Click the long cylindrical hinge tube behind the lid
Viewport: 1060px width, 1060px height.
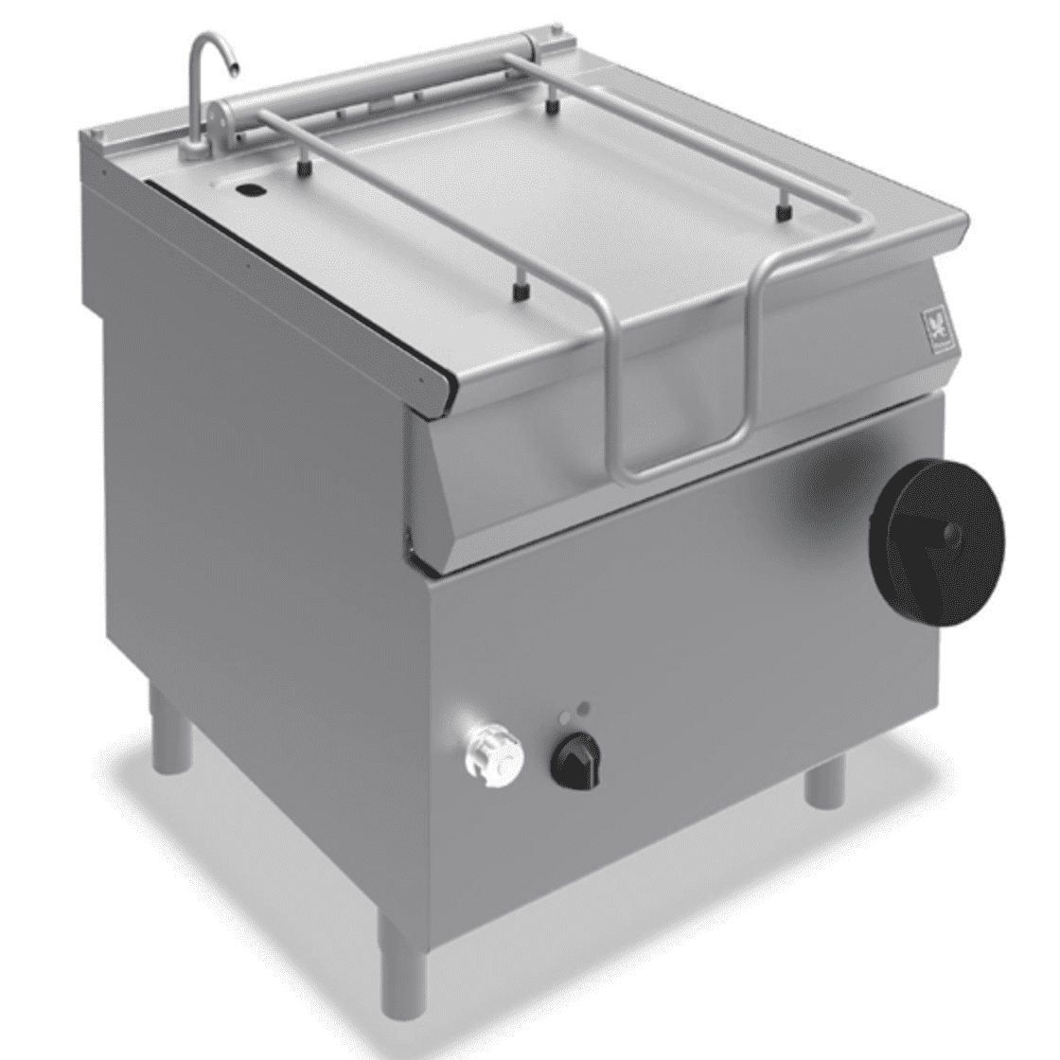click(x=379, y=77)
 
